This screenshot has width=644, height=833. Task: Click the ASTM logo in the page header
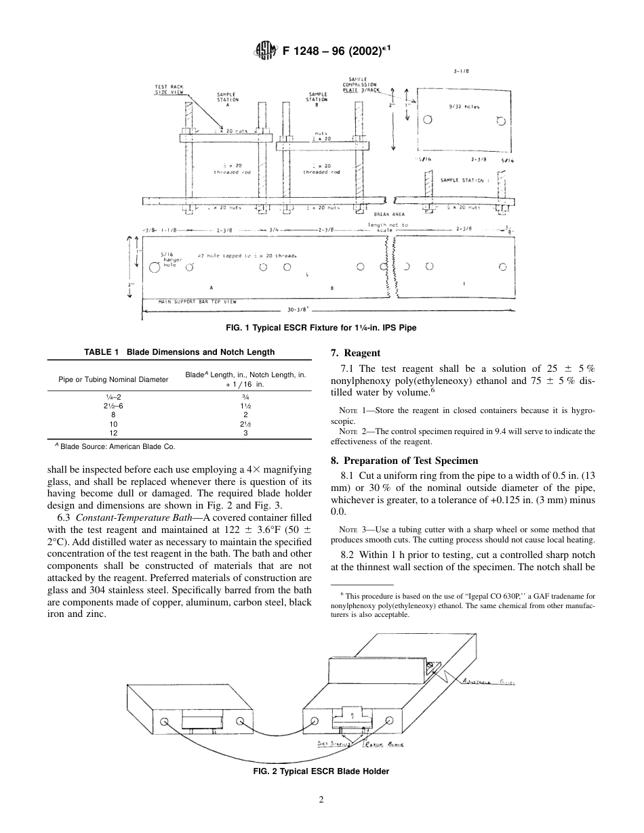(x=262, y=50)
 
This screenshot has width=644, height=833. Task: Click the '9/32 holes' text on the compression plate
(x=464, y=106)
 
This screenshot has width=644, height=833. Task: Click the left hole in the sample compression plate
(x=427, y=120)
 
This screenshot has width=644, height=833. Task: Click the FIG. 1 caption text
(x=321, y=328)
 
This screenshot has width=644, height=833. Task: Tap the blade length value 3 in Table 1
(x=245, y=432)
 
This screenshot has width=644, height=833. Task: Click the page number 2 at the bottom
(x=321, y=799)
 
